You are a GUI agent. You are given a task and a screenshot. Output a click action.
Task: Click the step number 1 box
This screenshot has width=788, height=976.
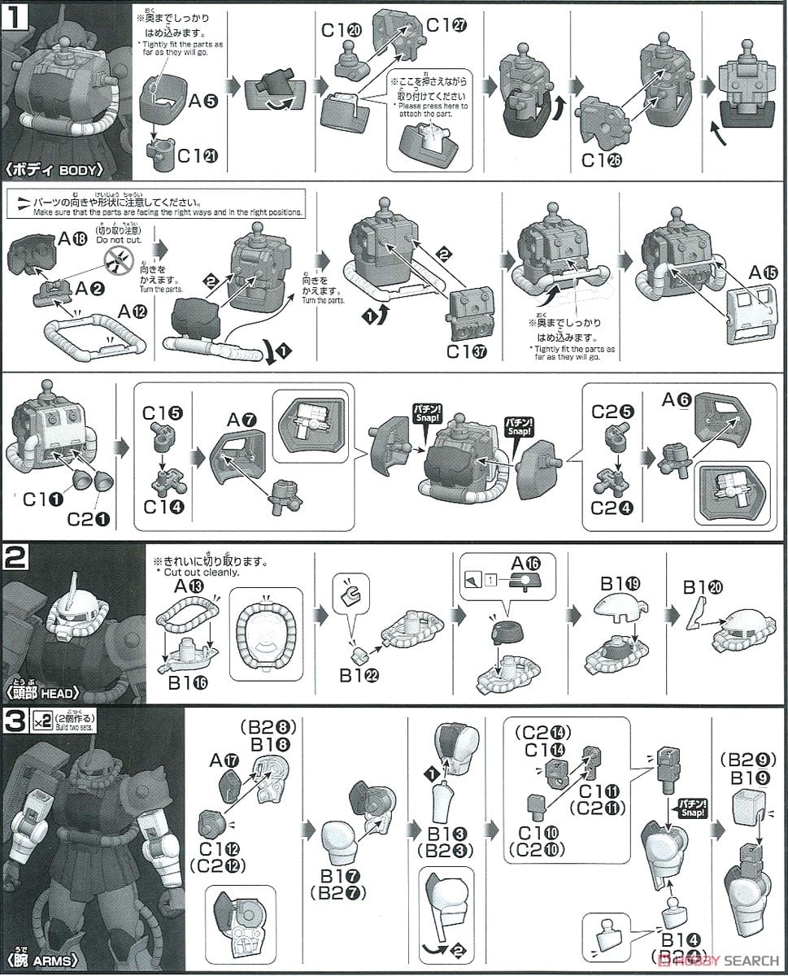point(17,16)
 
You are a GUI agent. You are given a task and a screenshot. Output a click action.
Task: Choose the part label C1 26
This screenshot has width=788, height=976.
point(601,160)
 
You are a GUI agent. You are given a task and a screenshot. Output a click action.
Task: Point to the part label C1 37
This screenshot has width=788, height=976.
point(469,353)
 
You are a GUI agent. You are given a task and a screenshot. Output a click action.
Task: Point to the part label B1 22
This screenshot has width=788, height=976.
point(358,674)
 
